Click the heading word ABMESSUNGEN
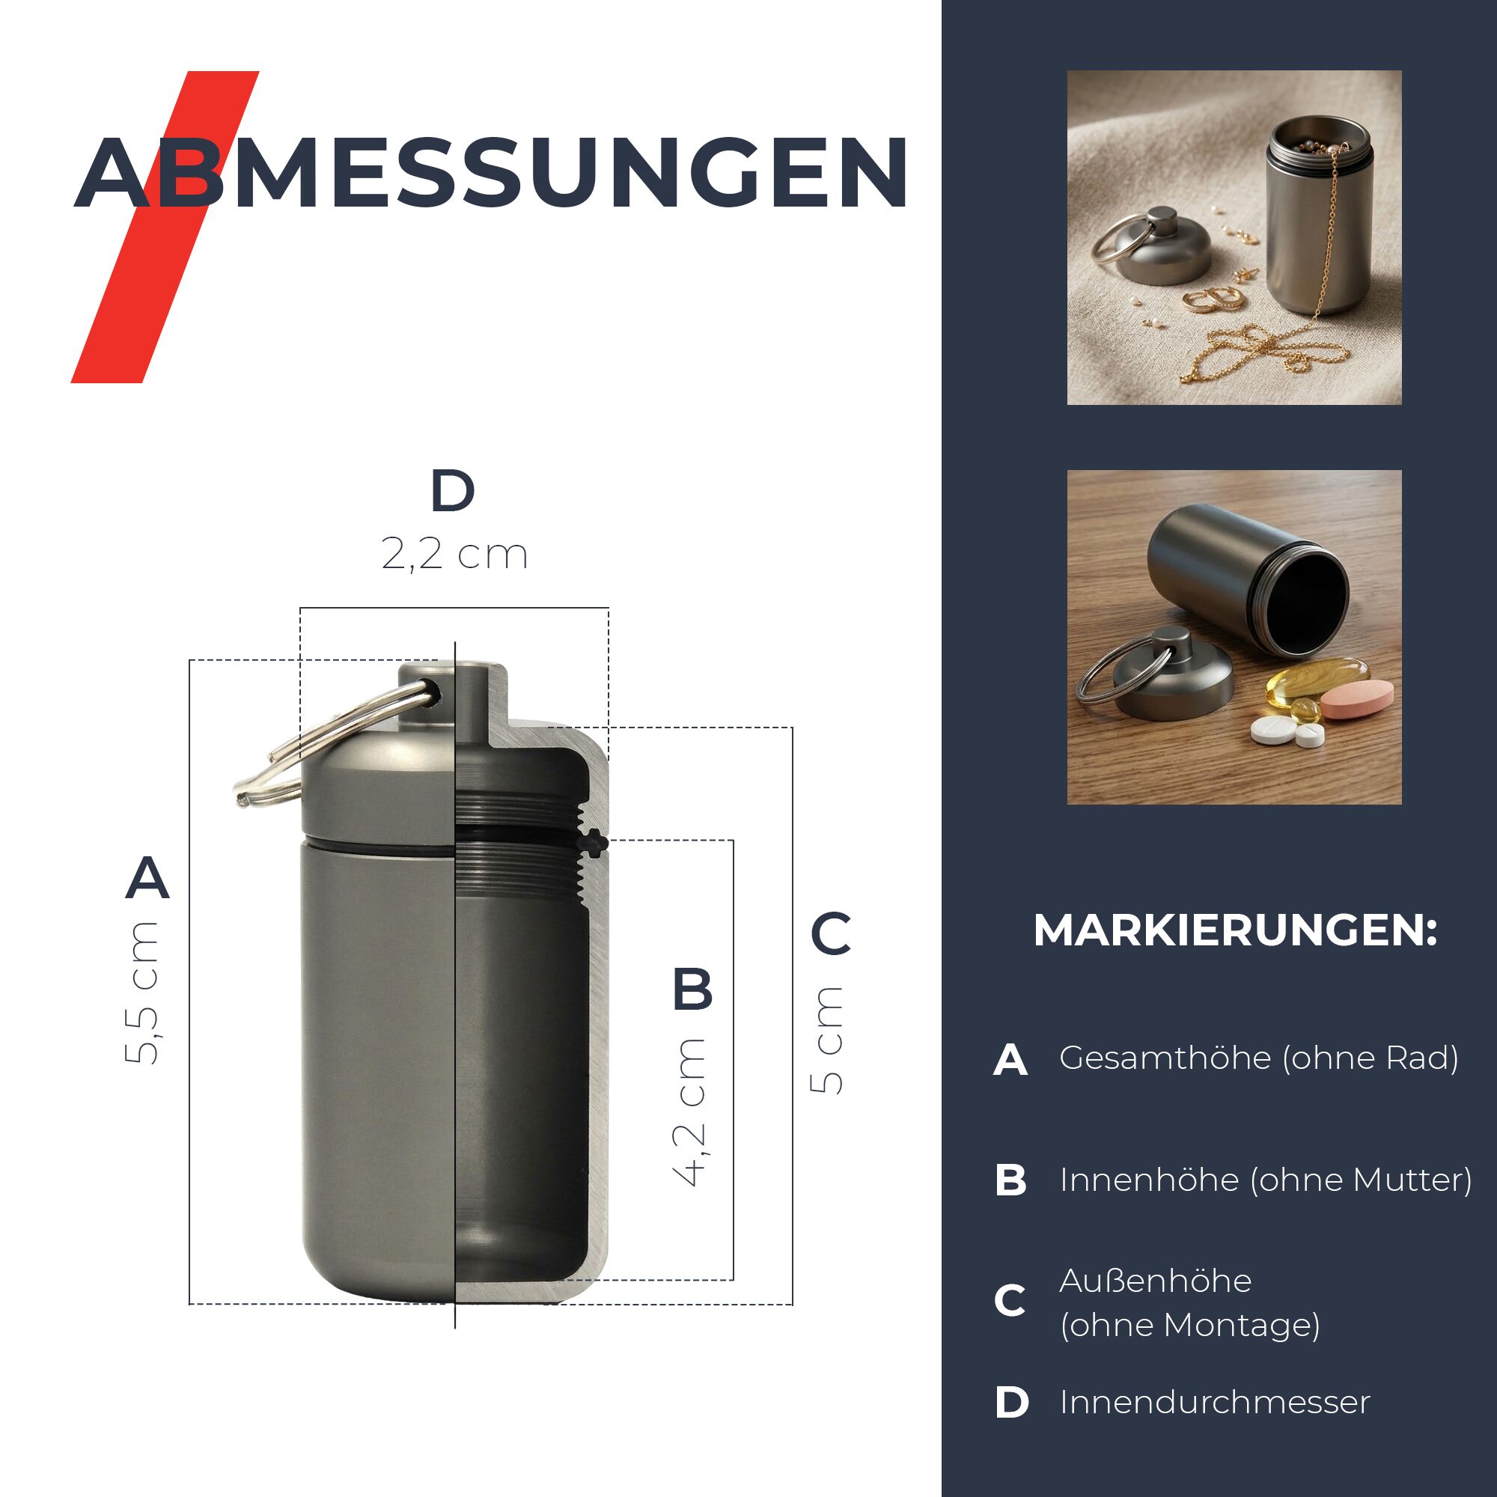[491, 173]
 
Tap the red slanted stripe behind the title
[165, 227]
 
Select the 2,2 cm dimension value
[455, 554]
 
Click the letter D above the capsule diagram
[453, 490]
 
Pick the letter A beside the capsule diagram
[147, 877]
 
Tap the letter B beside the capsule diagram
[692, 989]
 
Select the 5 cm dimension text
[826, 1041]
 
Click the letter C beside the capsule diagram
[831, 933]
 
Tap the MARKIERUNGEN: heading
[1235, 930]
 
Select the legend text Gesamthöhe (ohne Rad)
[1259, 1058]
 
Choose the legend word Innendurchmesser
[1215, 1403]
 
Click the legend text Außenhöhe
[1155, 1281]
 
